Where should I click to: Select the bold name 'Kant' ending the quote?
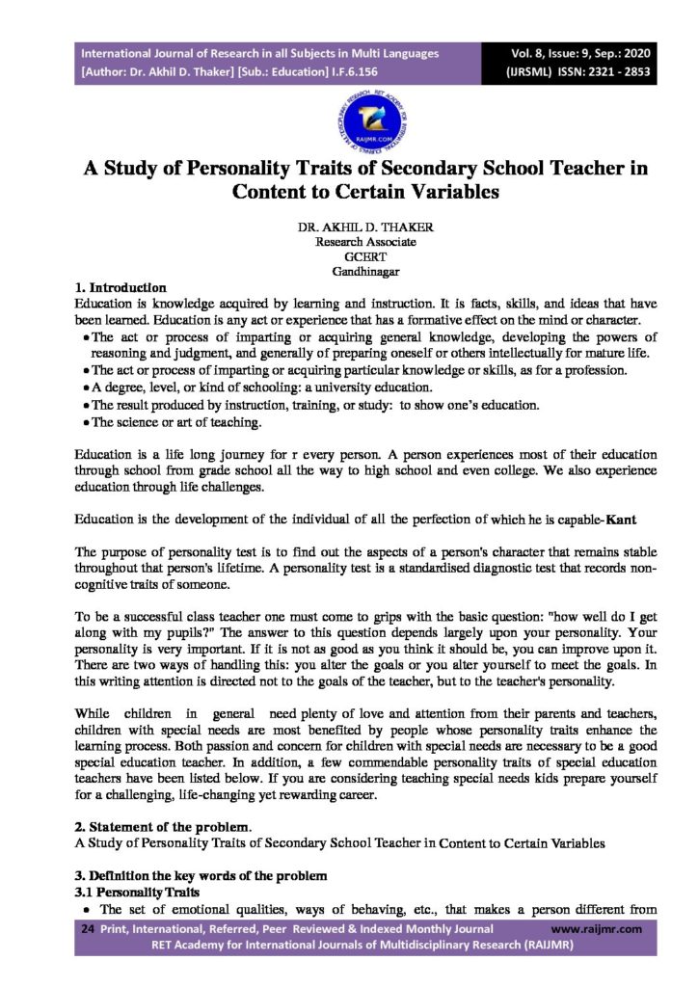[618, 520]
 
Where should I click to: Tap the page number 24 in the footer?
[87, 929]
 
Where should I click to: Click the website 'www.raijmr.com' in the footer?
[598, 929]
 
